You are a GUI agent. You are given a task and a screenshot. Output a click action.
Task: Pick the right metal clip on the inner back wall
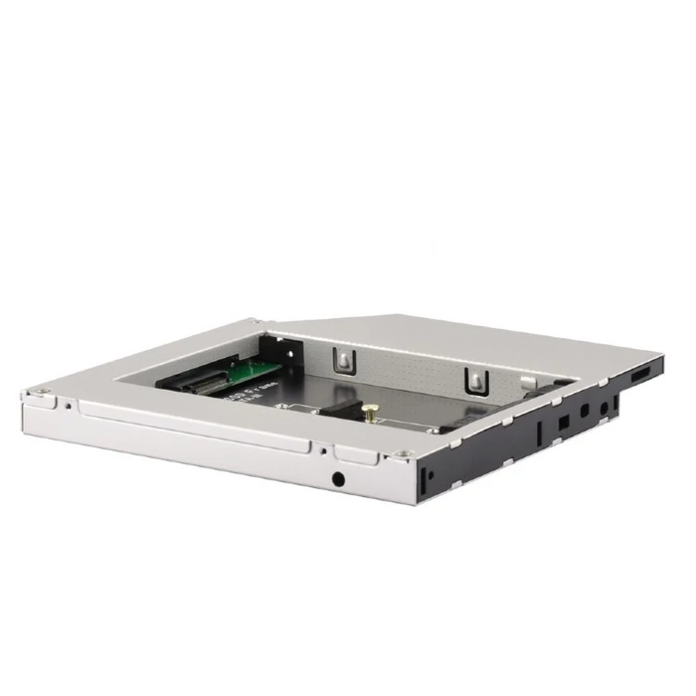pos(474,377)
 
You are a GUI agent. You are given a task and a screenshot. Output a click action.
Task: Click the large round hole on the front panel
pos(341,478)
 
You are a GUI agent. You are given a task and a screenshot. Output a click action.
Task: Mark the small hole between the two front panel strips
pos(323,448)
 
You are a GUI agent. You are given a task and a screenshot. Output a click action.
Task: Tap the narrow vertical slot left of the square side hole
pos(540,431)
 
